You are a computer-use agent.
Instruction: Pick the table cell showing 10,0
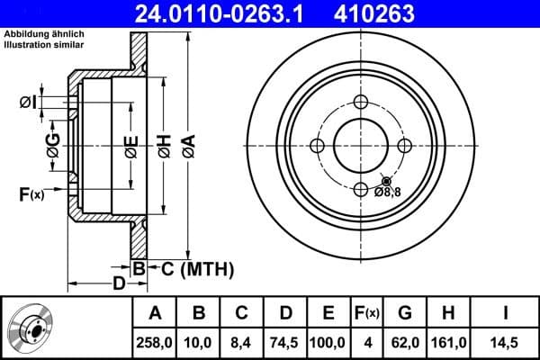199,342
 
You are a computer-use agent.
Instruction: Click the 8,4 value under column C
242,342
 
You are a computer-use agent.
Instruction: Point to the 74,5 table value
285,342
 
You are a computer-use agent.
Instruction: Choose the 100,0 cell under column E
328,342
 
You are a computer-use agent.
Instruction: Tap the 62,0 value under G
405,342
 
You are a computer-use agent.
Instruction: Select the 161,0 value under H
448,342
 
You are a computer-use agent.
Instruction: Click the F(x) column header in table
366,313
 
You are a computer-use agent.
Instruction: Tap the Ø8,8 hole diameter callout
387,191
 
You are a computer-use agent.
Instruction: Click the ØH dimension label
164,144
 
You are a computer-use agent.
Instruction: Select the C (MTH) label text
197,268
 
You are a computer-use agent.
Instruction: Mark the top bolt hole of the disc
362,102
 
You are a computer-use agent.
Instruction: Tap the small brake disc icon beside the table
30,328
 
